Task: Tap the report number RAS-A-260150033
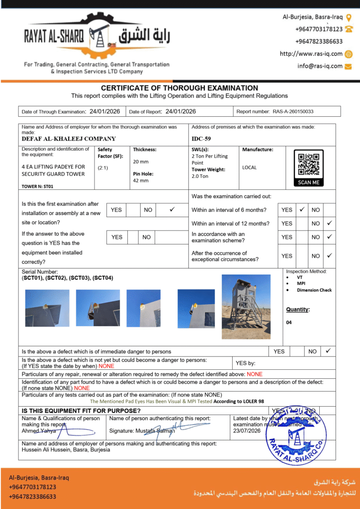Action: click(x=293, y=112)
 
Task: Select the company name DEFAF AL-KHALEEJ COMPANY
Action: click(x=69, y=139)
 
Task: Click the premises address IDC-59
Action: click(x=201, y=139)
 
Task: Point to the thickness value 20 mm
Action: click(x=141, y=162)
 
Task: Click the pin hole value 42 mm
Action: click(x=141, y=180)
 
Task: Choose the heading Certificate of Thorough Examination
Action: click(x=180, y=88)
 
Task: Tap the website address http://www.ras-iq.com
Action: click(x=311, y=54)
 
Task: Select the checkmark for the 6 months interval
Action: click(x=301, y=210)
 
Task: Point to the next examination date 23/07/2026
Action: click(x=247, y=431)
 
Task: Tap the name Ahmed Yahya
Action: click(x=39, y=431)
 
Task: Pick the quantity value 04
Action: click(x=289, y=323)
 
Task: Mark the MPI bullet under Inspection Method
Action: click(x=301, y=284)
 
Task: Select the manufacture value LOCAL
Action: click(x=250, y=168)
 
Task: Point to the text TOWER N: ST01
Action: click(x=37, y=186)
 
